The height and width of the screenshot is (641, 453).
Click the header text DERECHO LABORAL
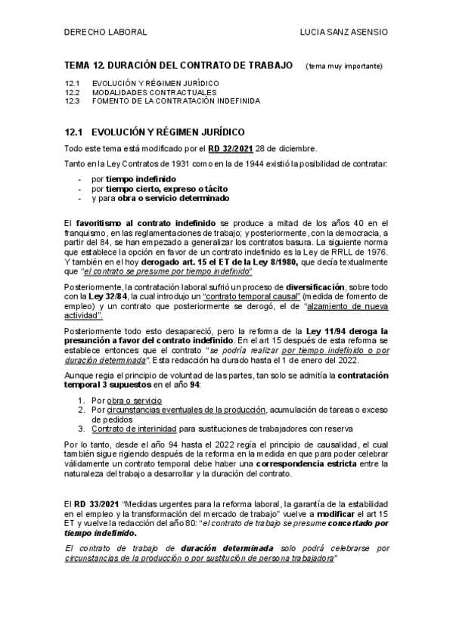(x=107, y=33)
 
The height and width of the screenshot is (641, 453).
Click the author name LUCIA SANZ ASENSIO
(x=345, y=33)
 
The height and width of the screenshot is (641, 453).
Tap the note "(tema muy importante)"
(x=344, y=67)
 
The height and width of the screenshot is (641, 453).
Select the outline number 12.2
(x=73, y=91)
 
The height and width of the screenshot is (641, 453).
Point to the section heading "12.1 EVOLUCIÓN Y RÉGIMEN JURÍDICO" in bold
(x=154, y=130)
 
